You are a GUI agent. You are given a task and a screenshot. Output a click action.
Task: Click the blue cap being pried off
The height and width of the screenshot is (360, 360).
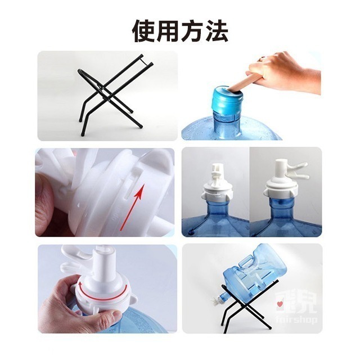click(x=228, y=101)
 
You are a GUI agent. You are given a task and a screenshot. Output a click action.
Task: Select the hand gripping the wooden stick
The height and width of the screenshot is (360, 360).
click(x=287, y=70)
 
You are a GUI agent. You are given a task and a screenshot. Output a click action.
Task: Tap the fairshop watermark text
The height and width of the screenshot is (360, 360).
click(x=295, y=319)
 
